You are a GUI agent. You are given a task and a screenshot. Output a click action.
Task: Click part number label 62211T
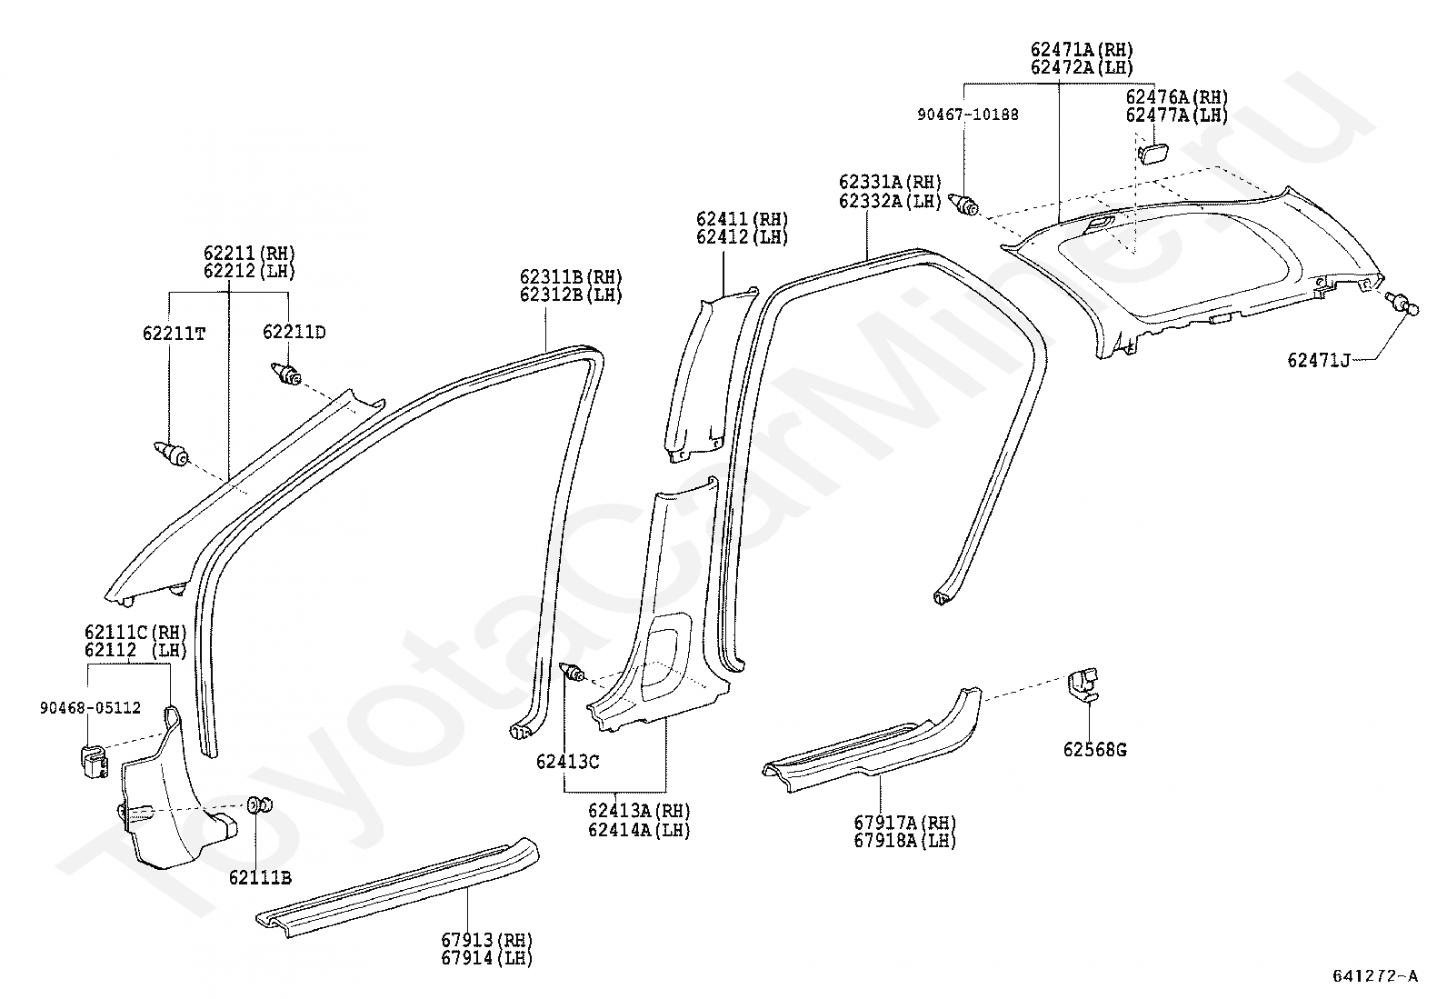point(174,334)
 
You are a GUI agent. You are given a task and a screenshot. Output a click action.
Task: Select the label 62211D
point(294,333)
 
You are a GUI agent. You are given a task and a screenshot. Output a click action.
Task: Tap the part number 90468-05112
point(89,708)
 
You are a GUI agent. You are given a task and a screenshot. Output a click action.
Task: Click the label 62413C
point(567,762)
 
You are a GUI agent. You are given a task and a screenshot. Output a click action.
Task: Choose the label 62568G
point(1094,750)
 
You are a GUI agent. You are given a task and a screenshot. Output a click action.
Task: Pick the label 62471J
point(1318,360)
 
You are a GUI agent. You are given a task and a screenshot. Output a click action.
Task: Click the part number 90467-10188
point(967,115)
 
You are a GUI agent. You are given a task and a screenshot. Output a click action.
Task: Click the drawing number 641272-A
point(1374,976)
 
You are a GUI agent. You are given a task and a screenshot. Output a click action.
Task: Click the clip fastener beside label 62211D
point(287,374)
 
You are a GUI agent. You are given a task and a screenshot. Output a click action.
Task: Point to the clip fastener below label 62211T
point(173,453)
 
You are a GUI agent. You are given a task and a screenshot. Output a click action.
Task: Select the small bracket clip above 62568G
point(1084,684)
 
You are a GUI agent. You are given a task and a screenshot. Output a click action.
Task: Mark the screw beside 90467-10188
point(963,205)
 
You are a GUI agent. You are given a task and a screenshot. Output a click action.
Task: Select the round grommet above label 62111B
point(259,804)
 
